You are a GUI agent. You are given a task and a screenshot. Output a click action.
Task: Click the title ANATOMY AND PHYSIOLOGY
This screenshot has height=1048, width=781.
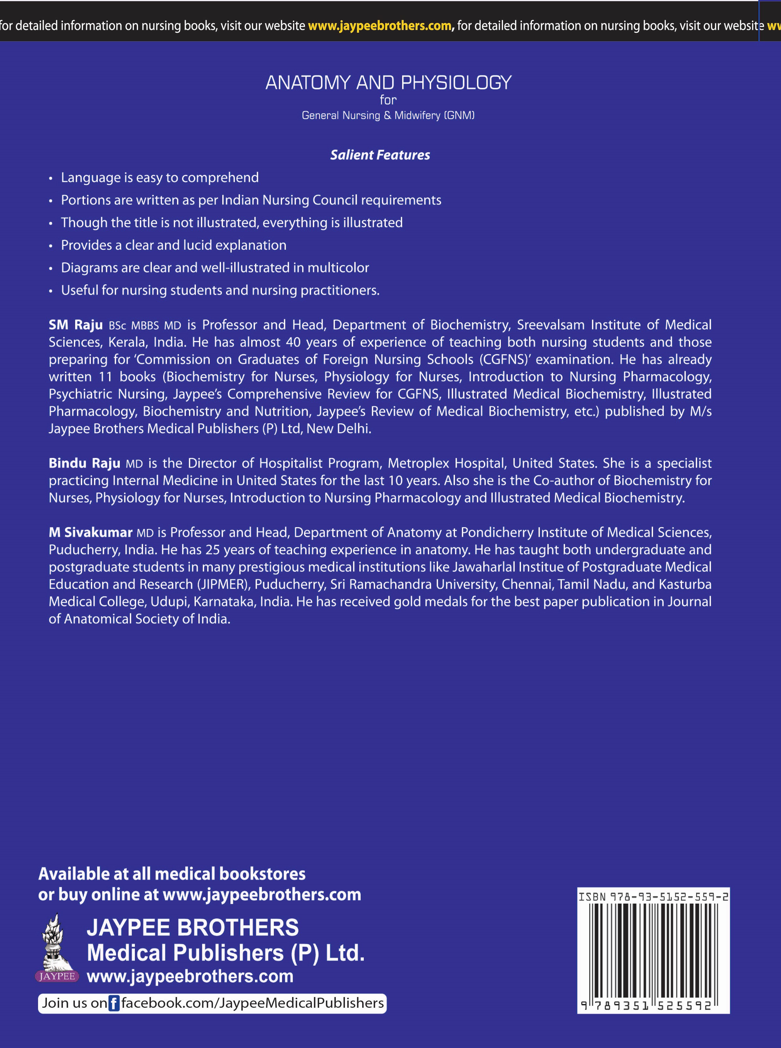click(388, 83)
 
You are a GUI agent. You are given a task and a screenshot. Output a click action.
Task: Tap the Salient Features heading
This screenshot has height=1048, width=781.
click(380, 155)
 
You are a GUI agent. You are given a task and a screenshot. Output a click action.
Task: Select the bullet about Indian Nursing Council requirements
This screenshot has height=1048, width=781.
click(251, 200)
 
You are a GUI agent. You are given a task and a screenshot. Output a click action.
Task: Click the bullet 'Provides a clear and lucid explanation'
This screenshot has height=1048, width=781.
click(174, 245)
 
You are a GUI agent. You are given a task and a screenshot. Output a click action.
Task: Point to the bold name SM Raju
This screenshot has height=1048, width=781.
click(76, 325)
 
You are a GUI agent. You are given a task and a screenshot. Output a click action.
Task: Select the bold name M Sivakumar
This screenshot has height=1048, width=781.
click(90, 532)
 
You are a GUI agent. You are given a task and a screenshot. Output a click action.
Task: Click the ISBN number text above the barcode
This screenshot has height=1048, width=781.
click(653, 896)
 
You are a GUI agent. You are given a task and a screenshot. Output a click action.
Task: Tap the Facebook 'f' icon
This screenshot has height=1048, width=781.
click(114, 1003)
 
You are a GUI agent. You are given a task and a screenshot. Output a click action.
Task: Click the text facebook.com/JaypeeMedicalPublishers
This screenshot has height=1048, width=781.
click(252, 1003)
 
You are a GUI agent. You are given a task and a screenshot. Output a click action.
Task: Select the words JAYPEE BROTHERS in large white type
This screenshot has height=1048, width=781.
click(192, 928)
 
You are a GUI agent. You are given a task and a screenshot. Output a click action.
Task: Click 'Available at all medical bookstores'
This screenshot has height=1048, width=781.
click(172, 874)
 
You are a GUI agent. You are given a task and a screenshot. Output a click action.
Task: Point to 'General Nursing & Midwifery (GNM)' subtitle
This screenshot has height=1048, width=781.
click(388, 115)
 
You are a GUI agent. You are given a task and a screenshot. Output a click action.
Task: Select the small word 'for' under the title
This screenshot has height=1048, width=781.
click(388, 100)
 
